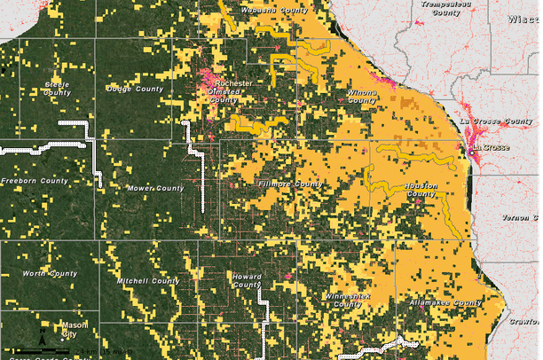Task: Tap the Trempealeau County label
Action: (440, 8)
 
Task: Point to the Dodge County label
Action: (134, 89)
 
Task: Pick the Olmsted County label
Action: (225, 94)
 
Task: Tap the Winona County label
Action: (361, 96)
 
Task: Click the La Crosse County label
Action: (496, 119)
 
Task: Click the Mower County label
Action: (155, 188)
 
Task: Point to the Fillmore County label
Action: (289, 184)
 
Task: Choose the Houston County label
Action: (421, 190)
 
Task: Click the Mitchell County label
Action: (148, 281)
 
